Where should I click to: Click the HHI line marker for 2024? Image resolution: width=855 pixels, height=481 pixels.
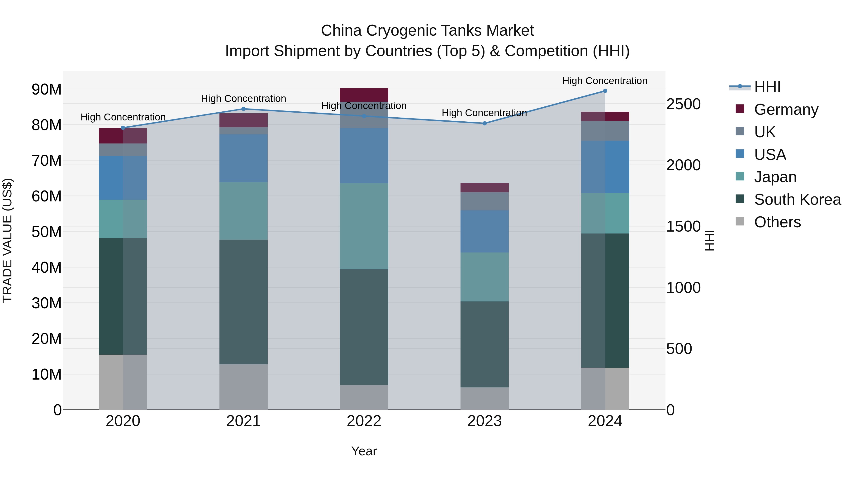(x=605, y=91)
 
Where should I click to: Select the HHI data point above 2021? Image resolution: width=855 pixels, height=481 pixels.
(x=243, y=109)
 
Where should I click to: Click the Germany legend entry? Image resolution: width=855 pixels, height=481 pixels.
(x=786, y=110)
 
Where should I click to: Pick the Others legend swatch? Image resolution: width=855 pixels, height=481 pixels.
(x=740, y=221)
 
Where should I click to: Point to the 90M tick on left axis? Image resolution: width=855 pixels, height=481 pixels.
(x=47, y=90)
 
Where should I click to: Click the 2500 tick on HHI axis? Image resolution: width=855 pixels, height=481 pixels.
(x=683, y=104)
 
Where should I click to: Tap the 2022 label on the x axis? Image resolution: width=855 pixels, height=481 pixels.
(x=364, y=421)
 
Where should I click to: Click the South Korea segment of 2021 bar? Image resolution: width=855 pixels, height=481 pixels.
(x=243, y=302)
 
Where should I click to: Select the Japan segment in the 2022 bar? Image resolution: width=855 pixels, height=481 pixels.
(x=364, y=226)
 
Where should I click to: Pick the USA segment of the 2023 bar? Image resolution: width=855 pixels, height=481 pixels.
(x=484, y=231)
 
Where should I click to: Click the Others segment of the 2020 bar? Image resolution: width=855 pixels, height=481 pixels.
(x=123, y=382)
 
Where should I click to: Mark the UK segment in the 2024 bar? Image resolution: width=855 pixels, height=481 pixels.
(x=605, y=131)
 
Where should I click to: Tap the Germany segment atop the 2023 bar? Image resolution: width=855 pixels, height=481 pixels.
(x=484, y=188)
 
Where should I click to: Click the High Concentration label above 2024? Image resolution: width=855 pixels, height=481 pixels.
(x=604, y=81)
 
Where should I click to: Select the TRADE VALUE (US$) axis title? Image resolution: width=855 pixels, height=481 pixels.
(x=7, y=240)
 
